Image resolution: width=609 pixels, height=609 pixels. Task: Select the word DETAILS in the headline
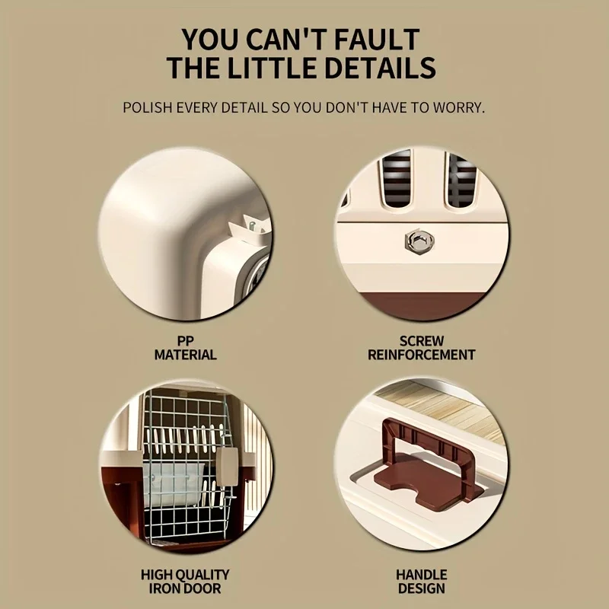[x=380, y=68]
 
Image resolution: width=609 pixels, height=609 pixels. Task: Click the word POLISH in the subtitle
[x=147, y=107]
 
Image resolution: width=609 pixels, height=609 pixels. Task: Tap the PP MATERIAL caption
[x=185, y=348]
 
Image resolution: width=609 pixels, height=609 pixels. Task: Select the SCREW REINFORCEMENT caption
[x=422, y=348]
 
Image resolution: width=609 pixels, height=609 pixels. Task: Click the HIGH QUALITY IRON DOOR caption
[x=185, y=582]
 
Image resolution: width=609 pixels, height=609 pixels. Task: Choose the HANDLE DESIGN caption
[x=422, y=582]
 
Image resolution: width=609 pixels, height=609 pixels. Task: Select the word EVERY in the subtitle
[x=197, y=107]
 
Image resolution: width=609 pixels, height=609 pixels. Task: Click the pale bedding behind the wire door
[x=174, y=484]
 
